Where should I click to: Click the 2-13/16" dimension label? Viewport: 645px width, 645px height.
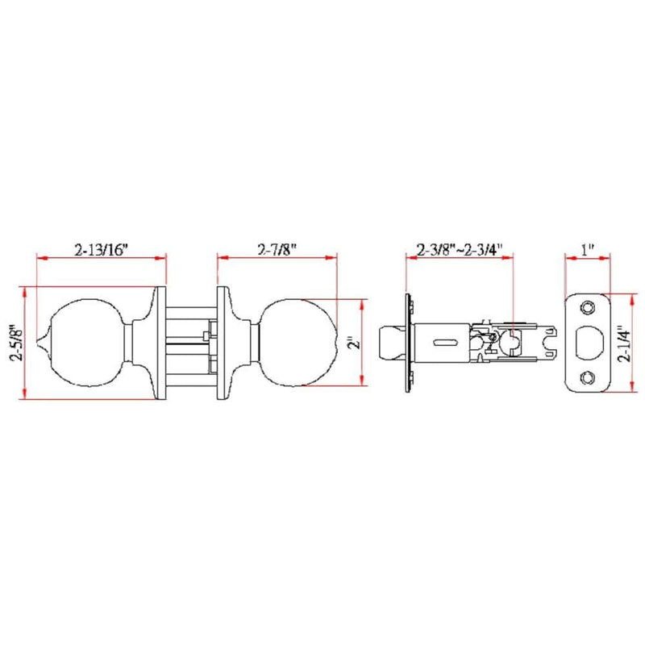click(x=102, y=250)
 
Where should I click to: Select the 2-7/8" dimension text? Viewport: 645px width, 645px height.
click(x=277, y=249)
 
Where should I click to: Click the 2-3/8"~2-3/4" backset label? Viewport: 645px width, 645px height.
click(x=460, y=250)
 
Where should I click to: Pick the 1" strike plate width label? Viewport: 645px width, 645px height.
click(x=588, y=250)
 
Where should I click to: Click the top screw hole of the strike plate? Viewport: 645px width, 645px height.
click(x=587, y=307)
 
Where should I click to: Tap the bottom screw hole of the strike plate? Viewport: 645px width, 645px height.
click(x=587, y=377)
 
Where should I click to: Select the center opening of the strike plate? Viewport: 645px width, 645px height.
click(x=589, y=342)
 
